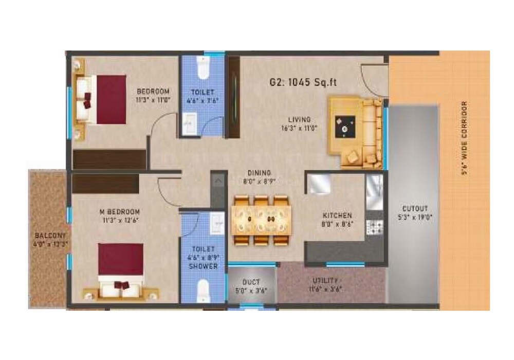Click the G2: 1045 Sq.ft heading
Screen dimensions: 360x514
(x=303, y=82)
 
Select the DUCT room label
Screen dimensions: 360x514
(x=251, y=282)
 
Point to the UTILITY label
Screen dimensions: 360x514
(x=326, y=280)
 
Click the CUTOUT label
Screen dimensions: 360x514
(x=415, y=208)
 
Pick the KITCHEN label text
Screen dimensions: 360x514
(x=337, y=215)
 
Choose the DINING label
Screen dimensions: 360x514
(x=259, y=173)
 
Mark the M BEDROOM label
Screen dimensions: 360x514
(x=120, y=212)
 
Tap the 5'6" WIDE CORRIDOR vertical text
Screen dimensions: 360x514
(x=465, y=139)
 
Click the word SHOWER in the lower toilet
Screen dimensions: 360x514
(x=203, y=266)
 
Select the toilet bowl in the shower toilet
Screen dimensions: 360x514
(x=203, y=289)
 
